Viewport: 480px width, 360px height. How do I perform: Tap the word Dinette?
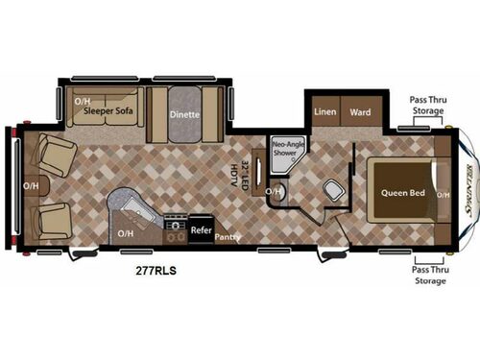point(185,112)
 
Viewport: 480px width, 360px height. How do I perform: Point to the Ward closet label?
point(360,111)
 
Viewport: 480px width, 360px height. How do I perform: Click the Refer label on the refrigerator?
point(201,230)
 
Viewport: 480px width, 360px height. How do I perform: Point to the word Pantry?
point(228,238)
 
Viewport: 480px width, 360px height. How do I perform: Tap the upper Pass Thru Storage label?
point(428,105)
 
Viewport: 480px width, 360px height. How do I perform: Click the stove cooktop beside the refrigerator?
point(175,229)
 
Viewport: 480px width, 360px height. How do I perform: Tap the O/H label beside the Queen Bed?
point(443,195)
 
